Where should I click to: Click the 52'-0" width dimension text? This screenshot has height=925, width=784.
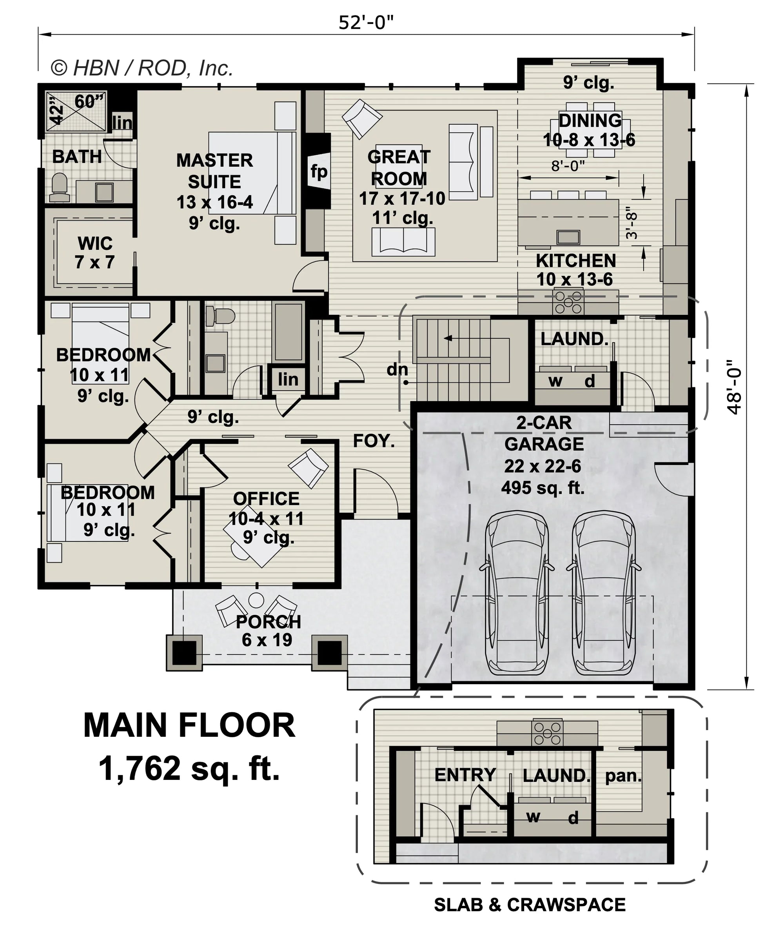point(366,23)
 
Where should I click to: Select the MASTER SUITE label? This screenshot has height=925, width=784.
point(215,171)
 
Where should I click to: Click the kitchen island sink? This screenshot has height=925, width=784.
point(568,237)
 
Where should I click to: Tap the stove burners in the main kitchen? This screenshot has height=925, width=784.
point(568,302)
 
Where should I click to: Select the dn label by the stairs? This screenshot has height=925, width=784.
point(397,369)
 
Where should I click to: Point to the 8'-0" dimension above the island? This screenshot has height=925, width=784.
point(568,166)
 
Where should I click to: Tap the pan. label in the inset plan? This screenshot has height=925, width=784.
point(623,776)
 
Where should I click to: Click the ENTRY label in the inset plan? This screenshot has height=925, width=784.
point(465,774)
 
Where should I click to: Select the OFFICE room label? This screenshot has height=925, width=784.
point(266,499)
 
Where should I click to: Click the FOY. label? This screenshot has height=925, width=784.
point(374,441)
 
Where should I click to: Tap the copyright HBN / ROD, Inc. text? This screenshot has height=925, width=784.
point(142,68)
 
